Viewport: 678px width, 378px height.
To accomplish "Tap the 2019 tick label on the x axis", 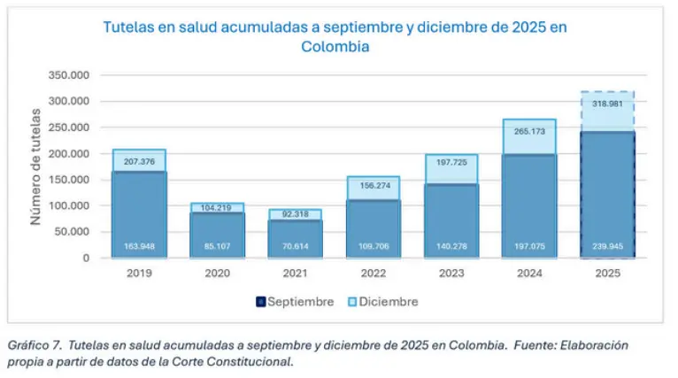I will coord(139,273).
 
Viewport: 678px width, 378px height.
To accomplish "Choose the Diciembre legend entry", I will coord(381,302).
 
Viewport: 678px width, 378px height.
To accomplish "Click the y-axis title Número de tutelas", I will coord(36,167).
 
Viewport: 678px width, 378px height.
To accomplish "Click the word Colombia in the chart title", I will coord(335,46).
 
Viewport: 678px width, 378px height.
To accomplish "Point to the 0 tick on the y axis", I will coord(85,258).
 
